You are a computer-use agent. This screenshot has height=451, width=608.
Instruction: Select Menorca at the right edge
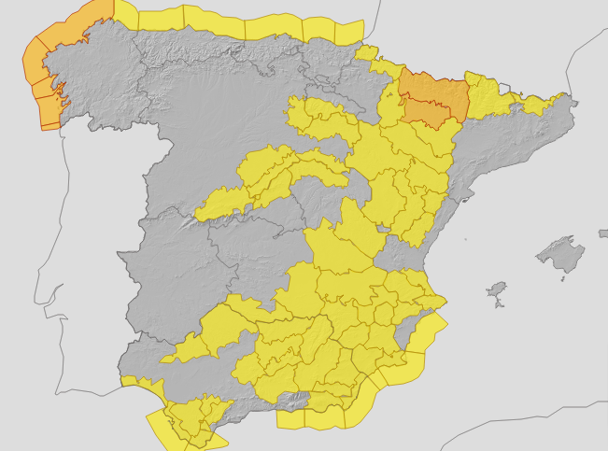pyautogui.click(x=602, y=233)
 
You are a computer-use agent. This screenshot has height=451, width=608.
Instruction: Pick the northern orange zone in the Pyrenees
pyautogui.click(x=425, y=90)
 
